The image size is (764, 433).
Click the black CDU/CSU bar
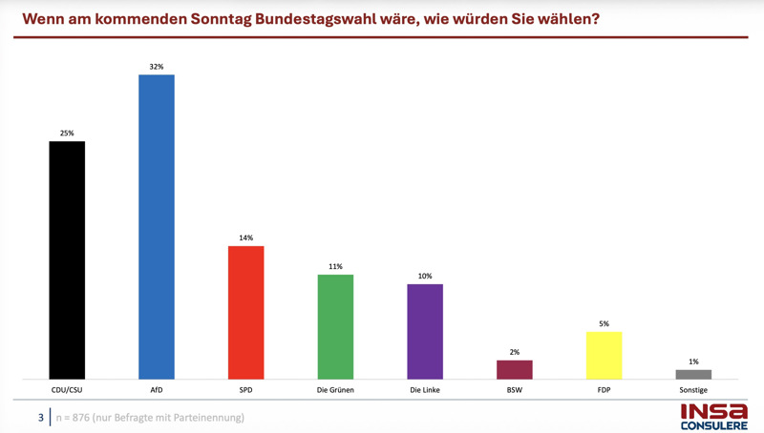coord(67,259)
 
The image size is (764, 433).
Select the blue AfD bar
coord(157,226)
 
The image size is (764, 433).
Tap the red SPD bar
coord(245,312)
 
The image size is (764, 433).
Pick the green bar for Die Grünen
coord(335,326)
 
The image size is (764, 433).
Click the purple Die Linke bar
coord(425,331)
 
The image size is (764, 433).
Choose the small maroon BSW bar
coord(515,369)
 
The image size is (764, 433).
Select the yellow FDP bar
coord(604,355)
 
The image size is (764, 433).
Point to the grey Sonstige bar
coord(693,374)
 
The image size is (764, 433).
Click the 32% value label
coord(157,67)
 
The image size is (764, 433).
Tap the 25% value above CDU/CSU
coord(67,134)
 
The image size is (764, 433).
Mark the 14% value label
coord(245,237)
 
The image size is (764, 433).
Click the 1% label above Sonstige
coord(693,361)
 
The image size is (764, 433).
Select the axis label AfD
coord(157,391)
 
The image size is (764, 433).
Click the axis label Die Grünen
coord(335,391)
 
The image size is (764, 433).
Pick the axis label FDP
coord(604,391)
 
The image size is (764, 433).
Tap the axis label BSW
coord(515,391)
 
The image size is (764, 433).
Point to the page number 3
coord(40,417)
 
